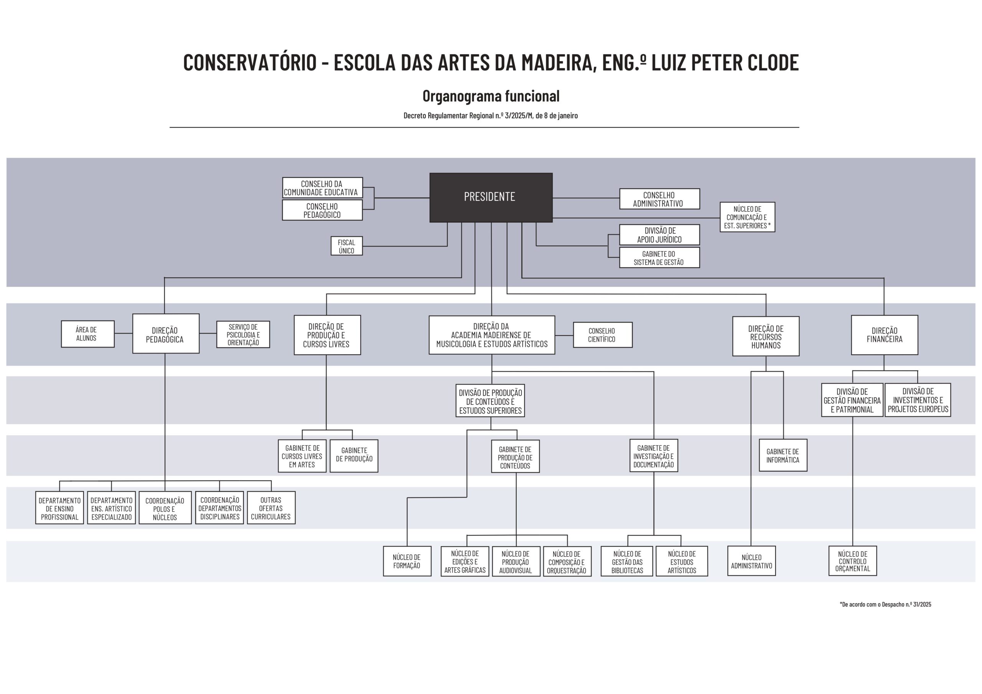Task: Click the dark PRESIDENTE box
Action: click(491, 197)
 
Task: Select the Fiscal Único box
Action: click(346, 246)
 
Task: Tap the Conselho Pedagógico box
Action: click(322, 211)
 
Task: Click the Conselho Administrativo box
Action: click(659, 199)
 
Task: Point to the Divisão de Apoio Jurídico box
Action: click(659, 235)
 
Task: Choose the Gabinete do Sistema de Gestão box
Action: click(659, 258)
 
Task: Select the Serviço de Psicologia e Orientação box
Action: click(243, 334)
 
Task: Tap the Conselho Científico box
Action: click(602, 335)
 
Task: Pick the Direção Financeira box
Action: click(884, 335)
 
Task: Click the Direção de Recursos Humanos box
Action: click(766, 337)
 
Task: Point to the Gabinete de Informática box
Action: click(783, 456)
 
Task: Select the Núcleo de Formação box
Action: click(407, 561)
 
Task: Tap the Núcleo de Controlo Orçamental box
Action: click(852, 561)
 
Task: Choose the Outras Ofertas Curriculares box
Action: click(271, 508)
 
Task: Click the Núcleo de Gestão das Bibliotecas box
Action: click(627, 561)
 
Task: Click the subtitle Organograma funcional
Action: click(491, 96)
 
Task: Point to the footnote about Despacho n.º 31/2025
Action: click(885, 604)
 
